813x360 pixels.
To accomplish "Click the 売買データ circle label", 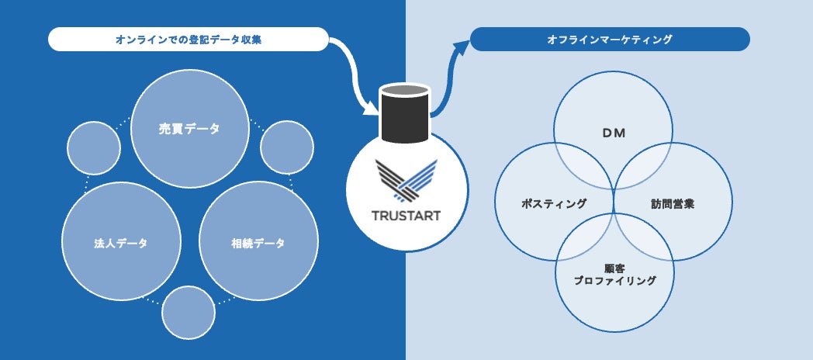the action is pos(189,129).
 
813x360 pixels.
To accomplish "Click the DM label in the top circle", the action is pos(613,133).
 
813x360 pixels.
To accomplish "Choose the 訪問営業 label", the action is pos(673,203).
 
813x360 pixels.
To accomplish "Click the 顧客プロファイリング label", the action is pos(614,275).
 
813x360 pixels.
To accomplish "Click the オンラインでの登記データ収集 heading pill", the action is pos(189,40).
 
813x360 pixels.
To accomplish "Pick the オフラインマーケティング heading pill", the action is pos(610,40).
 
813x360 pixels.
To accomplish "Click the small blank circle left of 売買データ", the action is pos(94,147).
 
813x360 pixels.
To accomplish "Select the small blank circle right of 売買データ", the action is pos(287,147).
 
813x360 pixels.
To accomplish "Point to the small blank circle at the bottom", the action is pos(189,312).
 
